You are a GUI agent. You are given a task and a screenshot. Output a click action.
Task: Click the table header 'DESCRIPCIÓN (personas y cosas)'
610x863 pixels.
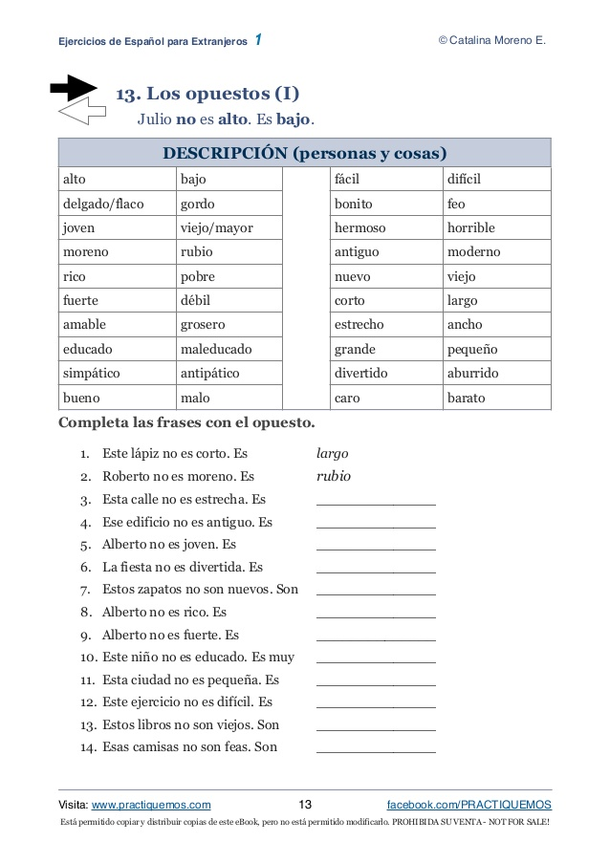point(305,154)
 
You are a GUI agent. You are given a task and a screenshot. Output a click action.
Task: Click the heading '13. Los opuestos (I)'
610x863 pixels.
point(207,94)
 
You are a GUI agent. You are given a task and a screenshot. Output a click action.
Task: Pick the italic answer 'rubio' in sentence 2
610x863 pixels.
point(333,475)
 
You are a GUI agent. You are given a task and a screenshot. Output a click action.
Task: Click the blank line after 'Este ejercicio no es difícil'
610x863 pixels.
point(375,706)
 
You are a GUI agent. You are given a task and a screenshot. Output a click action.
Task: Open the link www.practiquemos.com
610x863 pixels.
point(151,805)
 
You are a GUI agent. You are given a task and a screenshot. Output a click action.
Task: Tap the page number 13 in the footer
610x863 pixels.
point(306,805)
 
